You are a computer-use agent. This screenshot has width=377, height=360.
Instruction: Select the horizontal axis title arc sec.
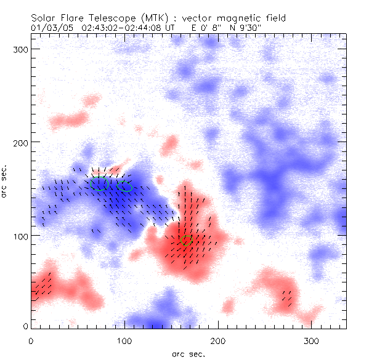click(188, 354)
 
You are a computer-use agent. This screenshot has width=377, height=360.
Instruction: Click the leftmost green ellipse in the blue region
click(100, 185)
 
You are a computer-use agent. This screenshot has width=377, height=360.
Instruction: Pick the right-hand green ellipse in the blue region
click(125, 186)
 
